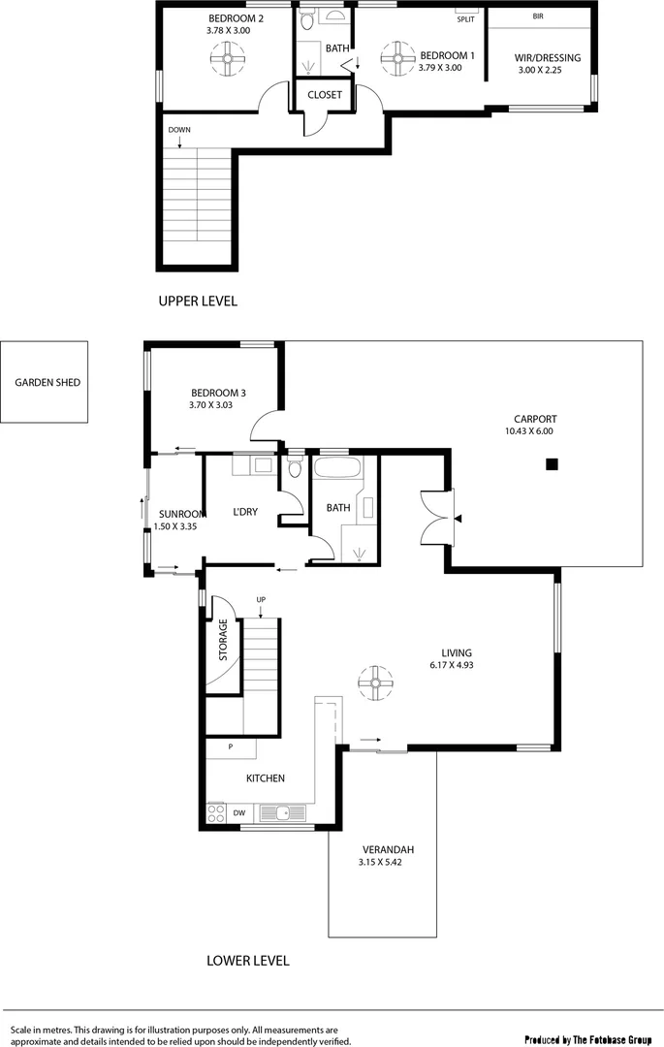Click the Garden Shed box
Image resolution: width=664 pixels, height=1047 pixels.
tap(45, 382)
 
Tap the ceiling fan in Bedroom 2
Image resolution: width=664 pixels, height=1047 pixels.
tap(229, 60)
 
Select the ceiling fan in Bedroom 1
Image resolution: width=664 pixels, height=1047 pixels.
tap(395, 59)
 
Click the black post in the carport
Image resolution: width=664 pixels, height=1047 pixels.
tap(552, 464)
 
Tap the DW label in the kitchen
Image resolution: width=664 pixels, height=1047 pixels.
tap(238, 812)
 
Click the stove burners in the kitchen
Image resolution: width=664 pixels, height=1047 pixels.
tap(216, 813)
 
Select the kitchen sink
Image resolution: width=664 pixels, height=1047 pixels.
tap(281, 812)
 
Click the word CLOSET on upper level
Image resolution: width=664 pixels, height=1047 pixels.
tap(325, 95)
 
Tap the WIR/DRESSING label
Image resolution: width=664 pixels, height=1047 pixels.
tap(548, 58)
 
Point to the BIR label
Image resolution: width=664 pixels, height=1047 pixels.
tap(538, 16)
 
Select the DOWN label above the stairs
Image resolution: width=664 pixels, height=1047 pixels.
tap(178, 130)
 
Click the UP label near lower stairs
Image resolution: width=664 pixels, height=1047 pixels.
tap(261, 600)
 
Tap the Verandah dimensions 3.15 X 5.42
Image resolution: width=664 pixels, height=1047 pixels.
tap(380, 861)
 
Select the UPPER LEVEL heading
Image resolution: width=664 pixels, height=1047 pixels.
tap(198, 301)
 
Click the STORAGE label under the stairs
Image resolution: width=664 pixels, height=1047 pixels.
tap(223, 640)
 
